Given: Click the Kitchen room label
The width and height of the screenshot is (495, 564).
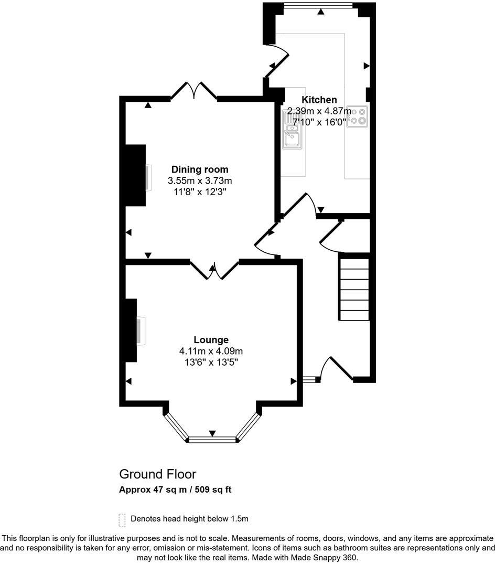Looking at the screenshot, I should tap(319, 100).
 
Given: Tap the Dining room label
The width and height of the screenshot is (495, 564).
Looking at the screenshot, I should tap(200, 169).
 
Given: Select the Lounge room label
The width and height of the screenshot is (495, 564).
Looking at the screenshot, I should tap(211, 339).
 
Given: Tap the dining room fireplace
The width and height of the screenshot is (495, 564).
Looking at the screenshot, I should tap(135, 176).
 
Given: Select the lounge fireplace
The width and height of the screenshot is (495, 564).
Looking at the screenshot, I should tap(131, 331).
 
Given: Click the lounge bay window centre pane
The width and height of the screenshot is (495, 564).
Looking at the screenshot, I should tap(212, 439).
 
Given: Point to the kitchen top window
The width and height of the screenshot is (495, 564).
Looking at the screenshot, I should tap(318, 6).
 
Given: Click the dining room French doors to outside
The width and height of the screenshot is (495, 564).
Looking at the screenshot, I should tap(194, 91).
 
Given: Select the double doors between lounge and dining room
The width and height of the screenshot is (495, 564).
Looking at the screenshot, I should tap(214, 269).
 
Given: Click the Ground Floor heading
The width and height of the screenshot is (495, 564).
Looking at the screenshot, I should tap(157, 474).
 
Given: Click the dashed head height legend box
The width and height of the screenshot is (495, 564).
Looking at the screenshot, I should tap(122, 519).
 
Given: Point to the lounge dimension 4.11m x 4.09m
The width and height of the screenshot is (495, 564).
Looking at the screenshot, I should tap(211, 351).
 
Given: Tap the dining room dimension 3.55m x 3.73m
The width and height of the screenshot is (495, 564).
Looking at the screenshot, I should tap(200, 180).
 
